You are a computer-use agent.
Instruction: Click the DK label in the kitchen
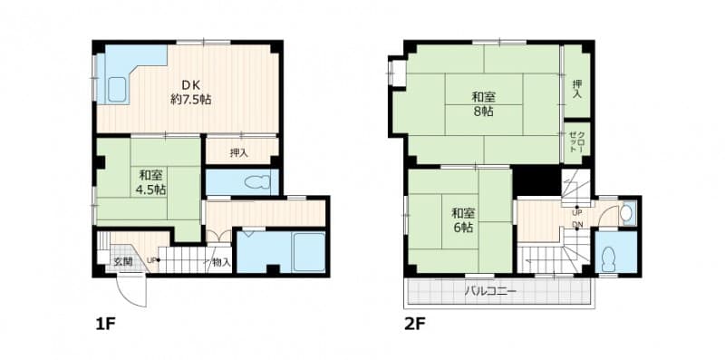click(x=190, y=85)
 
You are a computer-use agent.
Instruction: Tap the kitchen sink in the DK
click(x=117, y=90)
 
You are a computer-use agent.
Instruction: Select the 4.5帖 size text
click(x=151, y=190)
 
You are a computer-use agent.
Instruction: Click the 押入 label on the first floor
click(x=240, y=153)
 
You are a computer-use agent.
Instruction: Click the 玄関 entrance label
click(x=122, y=262)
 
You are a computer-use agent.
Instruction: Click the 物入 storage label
click(x=219, y=262)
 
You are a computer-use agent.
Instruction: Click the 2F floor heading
click(x=416, y=323)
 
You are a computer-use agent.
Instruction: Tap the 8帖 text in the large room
click(x=482, y=112)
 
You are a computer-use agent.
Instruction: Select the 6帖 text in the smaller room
click(x=462, y=228)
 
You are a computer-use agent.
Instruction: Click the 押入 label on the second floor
click(x=577, y=89)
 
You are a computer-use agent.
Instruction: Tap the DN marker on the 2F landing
click(x=577, y=225)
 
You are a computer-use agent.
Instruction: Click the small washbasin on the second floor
click(x=626, y=214)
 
